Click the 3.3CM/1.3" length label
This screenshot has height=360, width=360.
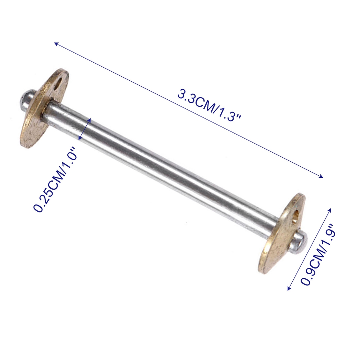[x=209, y=106]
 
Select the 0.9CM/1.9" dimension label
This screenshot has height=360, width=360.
[x=319, y=255]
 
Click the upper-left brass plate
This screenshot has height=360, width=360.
[x=44, y=108]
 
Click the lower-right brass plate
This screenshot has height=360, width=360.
[x=282, y=233]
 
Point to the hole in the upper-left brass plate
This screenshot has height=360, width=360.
[x=58, y=83]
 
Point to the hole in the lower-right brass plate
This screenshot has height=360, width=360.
[x=296, y=216]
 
